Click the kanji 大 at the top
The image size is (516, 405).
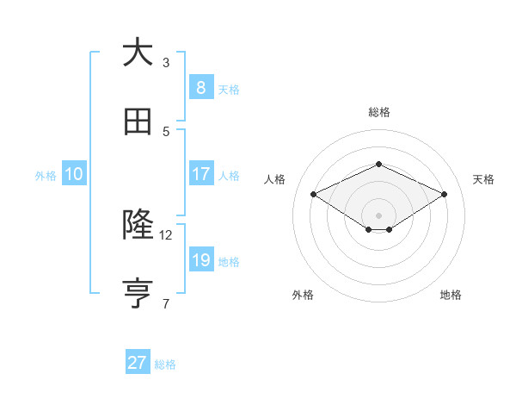point(138,53)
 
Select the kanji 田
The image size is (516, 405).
point(138,121)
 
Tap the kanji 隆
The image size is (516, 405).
point(138,225)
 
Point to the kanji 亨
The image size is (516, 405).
point(138,293)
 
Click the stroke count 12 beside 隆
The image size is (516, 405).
point(166,234)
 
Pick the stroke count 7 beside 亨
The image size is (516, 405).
point(166,303)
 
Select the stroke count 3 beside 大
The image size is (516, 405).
point(166,62)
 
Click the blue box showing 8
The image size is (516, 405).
point(200,87)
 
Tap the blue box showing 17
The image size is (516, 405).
point(200,173)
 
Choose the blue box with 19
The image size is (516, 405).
point(200,259)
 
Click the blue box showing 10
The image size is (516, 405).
point(73,173)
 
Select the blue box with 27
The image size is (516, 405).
point(137,363)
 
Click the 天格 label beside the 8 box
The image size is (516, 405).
point(229,89)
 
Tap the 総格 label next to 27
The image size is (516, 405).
point(165,364)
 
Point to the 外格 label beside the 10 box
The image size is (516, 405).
point(46,175)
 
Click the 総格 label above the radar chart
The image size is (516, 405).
point(378,112)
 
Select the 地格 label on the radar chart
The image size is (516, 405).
point(451,295)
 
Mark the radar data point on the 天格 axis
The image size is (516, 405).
point(444,194)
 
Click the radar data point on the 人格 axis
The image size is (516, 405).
point(313,194)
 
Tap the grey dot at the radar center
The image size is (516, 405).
point(378,215)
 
